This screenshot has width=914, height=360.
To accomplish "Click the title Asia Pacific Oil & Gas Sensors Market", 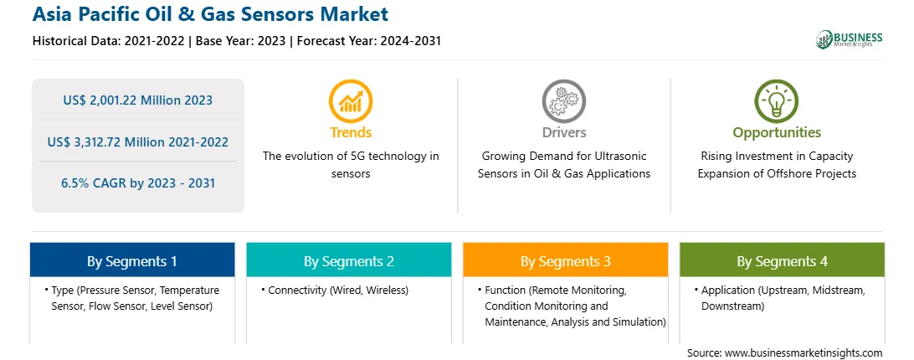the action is [x=210, y=14].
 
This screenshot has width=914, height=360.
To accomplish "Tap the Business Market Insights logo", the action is [x=850, y=39].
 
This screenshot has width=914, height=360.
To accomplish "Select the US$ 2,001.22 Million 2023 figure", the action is [x=137, y=100].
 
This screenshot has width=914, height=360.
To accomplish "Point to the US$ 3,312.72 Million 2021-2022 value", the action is [x=137, y=141].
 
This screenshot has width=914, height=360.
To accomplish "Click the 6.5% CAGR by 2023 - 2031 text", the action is [x=137, y=183].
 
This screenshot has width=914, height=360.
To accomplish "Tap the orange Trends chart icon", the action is [x=351, y=101].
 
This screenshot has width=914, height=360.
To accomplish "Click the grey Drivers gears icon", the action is [x=563, y=101].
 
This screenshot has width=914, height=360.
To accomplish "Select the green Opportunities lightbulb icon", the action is [x=777, y=101].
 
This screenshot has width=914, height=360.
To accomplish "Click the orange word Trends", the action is [x=351, y=132].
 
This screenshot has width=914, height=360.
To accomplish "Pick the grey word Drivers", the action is [x=563, y=132].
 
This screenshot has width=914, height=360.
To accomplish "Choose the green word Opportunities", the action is [x=777, y=133].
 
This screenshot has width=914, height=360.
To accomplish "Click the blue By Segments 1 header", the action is [x=132, y=260].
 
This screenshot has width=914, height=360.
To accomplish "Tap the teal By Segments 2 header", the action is [x=348, y=260].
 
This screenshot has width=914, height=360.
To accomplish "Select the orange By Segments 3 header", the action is [x=566, y=260].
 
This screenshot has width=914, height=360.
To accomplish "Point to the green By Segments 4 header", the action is [x=783, y=260].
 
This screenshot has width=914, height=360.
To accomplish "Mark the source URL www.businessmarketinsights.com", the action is [x=804, y=353].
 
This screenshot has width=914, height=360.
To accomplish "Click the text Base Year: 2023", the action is [x=241, y=41].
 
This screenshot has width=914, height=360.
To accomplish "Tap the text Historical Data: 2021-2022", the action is [x=110, y=41].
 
